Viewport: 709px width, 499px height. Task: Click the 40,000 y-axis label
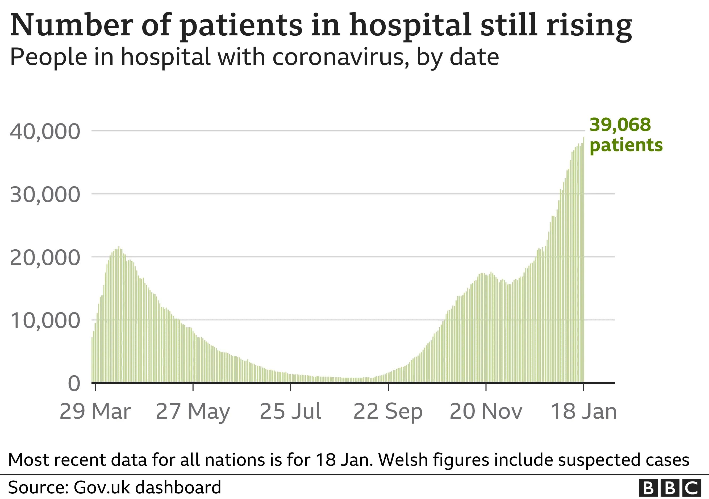[x=45, y=132]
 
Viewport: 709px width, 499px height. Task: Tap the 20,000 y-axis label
[x=45, y=258]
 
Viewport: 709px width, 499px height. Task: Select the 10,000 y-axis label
[x=45, y=321]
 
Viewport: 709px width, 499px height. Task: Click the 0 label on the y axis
[x=74, y=384]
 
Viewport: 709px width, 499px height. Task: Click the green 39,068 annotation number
[x=620, y=125]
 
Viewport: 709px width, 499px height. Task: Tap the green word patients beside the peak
[x=626, y=145]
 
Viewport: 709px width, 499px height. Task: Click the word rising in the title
[x=589, y=25]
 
